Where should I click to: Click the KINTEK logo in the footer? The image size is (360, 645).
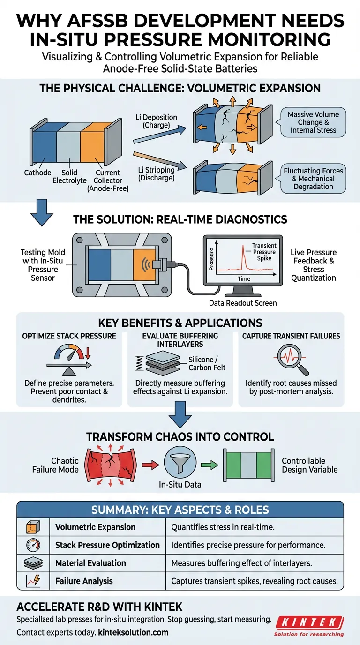309,622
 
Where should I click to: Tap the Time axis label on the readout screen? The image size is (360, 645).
243,278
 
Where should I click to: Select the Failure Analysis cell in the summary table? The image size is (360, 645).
84,581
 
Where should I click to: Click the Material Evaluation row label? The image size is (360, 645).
90,563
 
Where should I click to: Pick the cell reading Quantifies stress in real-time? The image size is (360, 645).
223,527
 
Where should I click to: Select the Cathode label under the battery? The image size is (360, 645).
37,173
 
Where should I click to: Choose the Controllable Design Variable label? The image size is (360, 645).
309,465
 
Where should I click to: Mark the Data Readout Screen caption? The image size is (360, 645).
243,303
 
